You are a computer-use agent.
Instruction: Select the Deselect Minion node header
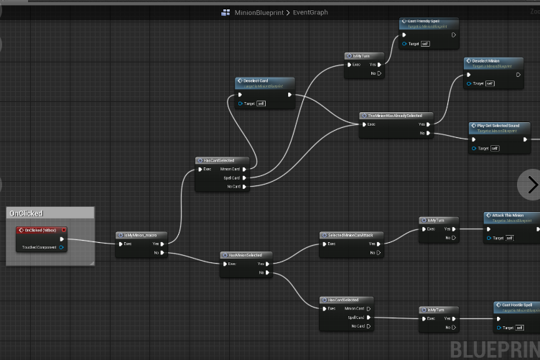point(486,61)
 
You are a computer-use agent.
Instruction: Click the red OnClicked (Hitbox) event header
point(40,230)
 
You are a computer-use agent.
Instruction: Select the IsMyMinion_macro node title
point(141,234)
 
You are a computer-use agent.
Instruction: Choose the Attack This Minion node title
point(507,215)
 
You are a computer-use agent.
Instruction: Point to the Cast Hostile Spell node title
point(516,305)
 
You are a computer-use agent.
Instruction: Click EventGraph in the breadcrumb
point(310,12)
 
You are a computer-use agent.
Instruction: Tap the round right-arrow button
point(531,185)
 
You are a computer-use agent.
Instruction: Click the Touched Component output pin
point(62,248)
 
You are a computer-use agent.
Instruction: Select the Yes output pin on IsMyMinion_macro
point(164,244)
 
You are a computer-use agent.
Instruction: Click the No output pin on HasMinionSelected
point(267,273)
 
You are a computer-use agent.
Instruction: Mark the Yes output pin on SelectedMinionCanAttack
point(380,244)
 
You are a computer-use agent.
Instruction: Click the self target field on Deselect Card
point(261,103)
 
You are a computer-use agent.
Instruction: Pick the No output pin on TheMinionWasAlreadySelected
point(429,133)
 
